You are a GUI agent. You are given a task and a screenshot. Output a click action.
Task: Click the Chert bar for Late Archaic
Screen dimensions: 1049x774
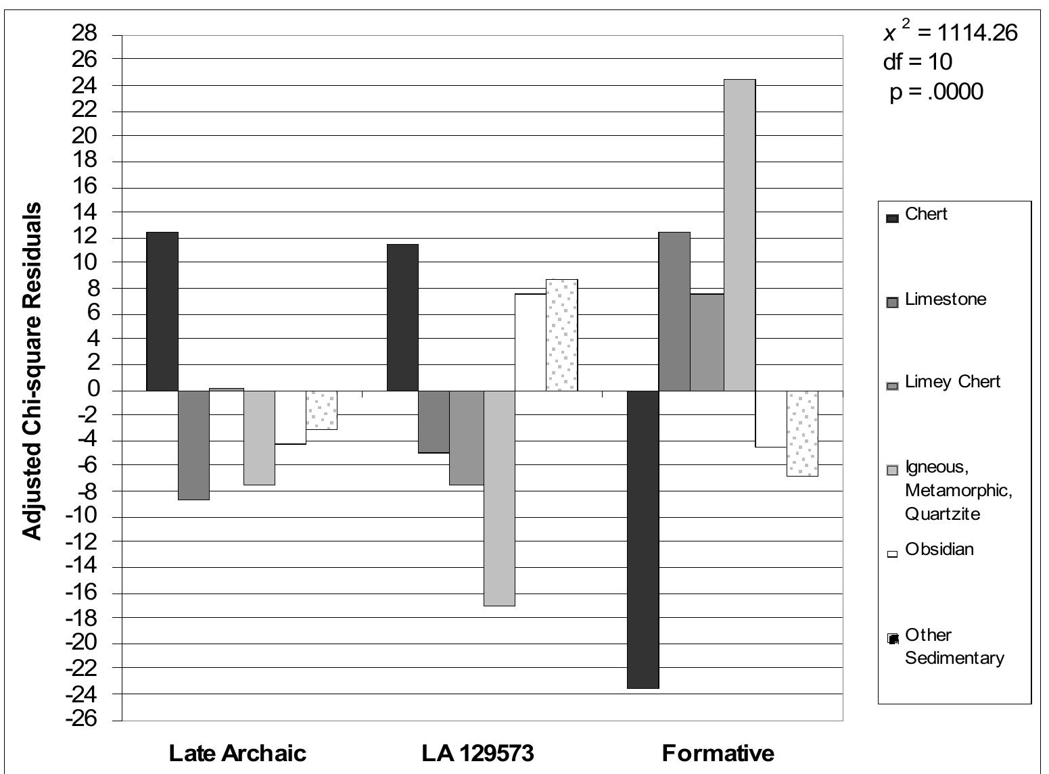tap(162, 311)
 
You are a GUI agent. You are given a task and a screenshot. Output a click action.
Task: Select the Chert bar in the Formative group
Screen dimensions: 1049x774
tap(643, 539)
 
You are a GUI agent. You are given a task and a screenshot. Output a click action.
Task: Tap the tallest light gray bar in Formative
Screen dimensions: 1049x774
tap(740, 235)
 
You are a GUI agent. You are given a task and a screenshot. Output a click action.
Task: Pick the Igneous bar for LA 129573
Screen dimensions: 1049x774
tap(499, 498)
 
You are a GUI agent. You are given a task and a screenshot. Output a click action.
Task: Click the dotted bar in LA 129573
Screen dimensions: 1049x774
tap(562, 335)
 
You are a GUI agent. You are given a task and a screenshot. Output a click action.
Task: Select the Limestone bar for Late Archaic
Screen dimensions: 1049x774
tap(194, 445)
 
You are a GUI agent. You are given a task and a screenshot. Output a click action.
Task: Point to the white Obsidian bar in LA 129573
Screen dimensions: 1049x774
tap(531, 342)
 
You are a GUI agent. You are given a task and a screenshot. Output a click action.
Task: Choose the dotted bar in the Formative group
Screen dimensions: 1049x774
tap(803, 433)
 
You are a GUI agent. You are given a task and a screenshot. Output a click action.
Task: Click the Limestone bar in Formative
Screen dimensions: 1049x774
tap(674, 312)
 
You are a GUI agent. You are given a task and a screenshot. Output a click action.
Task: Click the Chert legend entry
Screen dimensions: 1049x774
tap(916, 215)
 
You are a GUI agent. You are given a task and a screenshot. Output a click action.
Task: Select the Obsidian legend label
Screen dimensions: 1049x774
tap(939, 550)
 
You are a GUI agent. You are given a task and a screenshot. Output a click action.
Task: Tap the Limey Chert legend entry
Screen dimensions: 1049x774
tap(943, 382)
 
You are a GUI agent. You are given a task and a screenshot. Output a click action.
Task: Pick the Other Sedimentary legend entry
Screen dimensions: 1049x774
tap(945, 646)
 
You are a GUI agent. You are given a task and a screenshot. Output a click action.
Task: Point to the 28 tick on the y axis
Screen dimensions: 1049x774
tap(84, 34)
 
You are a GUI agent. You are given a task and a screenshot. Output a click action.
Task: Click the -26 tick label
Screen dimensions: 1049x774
tap(81, 720)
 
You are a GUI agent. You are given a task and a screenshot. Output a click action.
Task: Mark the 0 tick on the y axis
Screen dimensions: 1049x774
tap(93, 389)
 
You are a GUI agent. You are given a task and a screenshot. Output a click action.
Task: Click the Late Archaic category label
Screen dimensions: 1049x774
tap(237, 753)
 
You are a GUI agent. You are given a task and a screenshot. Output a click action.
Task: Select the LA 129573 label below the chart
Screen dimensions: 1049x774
tap(477, 753)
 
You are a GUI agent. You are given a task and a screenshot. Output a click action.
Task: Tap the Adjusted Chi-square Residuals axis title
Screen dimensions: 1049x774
tap(32, 372)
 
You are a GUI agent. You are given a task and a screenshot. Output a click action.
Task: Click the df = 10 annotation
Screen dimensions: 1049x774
tap(918, 62)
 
